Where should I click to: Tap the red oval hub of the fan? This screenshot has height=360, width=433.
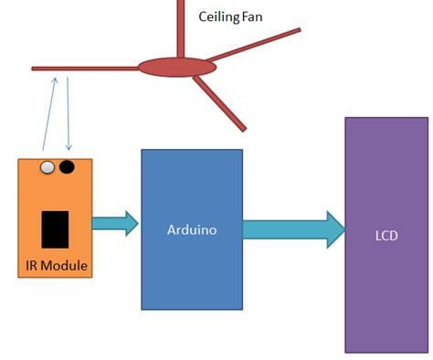[x=177, y=67]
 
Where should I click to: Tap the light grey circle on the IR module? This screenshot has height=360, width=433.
[x=47, y=167]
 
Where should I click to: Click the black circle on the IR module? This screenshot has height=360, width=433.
[x=67, y=167]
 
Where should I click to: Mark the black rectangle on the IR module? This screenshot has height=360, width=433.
[x=56, y=228]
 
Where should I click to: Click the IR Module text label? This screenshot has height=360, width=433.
[x=56, y=266]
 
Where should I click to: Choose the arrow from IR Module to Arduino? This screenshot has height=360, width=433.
[x=115, y=223]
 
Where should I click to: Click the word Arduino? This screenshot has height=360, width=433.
[x=192, y=230]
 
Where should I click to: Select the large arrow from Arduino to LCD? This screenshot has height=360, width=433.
[x=292, y=229]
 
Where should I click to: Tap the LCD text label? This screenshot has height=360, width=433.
[x=385, y=235]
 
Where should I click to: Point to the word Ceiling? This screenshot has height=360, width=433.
[x=216, y=16]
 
